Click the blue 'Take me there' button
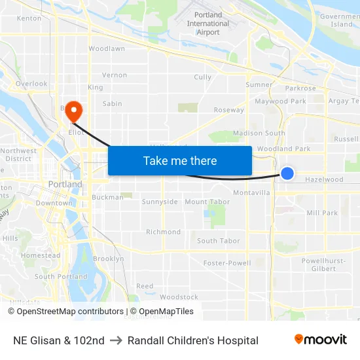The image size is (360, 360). (x=180, y=160)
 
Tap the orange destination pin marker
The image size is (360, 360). (x=73, y=111)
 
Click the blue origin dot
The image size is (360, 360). (x=287, y=173)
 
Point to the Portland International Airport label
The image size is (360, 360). (x=208, y=24)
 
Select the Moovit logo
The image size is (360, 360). (x=321, y=340)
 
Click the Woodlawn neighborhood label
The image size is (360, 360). (x=107, y=48)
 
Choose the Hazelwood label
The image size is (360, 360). (x=324, y=179)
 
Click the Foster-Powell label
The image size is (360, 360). (x=227, y=263)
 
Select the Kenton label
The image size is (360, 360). (x=29, y=18)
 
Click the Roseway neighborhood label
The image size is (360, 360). (x=229, y=110)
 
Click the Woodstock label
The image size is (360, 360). (x=179, y=297)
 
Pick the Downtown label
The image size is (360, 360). (x=54, y=203)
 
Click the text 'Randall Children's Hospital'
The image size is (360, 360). (x=193, y=340)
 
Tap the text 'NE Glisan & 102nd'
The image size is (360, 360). (x=59, y=340)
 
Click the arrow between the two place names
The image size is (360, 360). (x=116, y=340)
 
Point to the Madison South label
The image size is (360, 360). (x=259, y=133)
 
